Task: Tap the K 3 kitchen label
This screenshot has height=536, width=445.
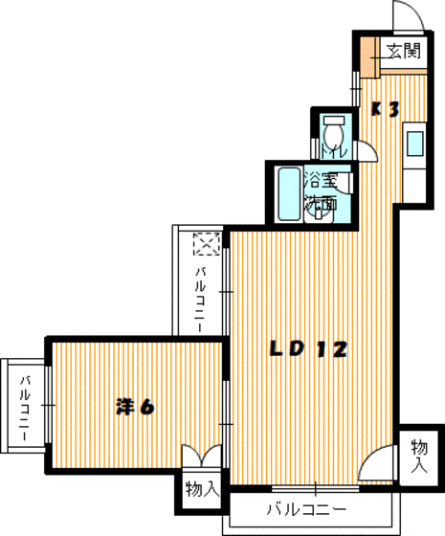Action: [x=385, y=109]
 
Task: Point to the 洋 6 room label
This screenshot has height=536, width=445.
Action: [x=135, y=406]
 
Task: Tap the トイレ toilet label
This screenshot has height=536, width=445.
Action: [x=332, y=151]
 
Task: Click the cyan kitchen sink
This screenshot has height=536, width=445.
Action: [x=415, y=144]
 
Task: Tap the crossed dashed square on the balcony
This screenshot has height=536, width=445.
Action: [x=206, y=245]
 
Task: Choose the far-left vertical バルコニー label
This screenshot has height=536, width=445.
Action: [x=25, y=402]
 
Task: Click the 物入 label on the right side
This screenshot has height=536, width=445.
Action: [x=419, y=455]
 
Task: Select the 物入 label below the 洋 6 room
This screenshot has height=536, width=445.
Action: [x=202, y=491]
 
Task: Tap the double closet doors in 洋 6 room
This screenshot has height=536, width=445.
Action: [x=203, y=458]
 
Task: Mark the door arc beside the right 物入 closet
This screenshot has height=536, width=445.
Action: [x=378, y=466]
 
